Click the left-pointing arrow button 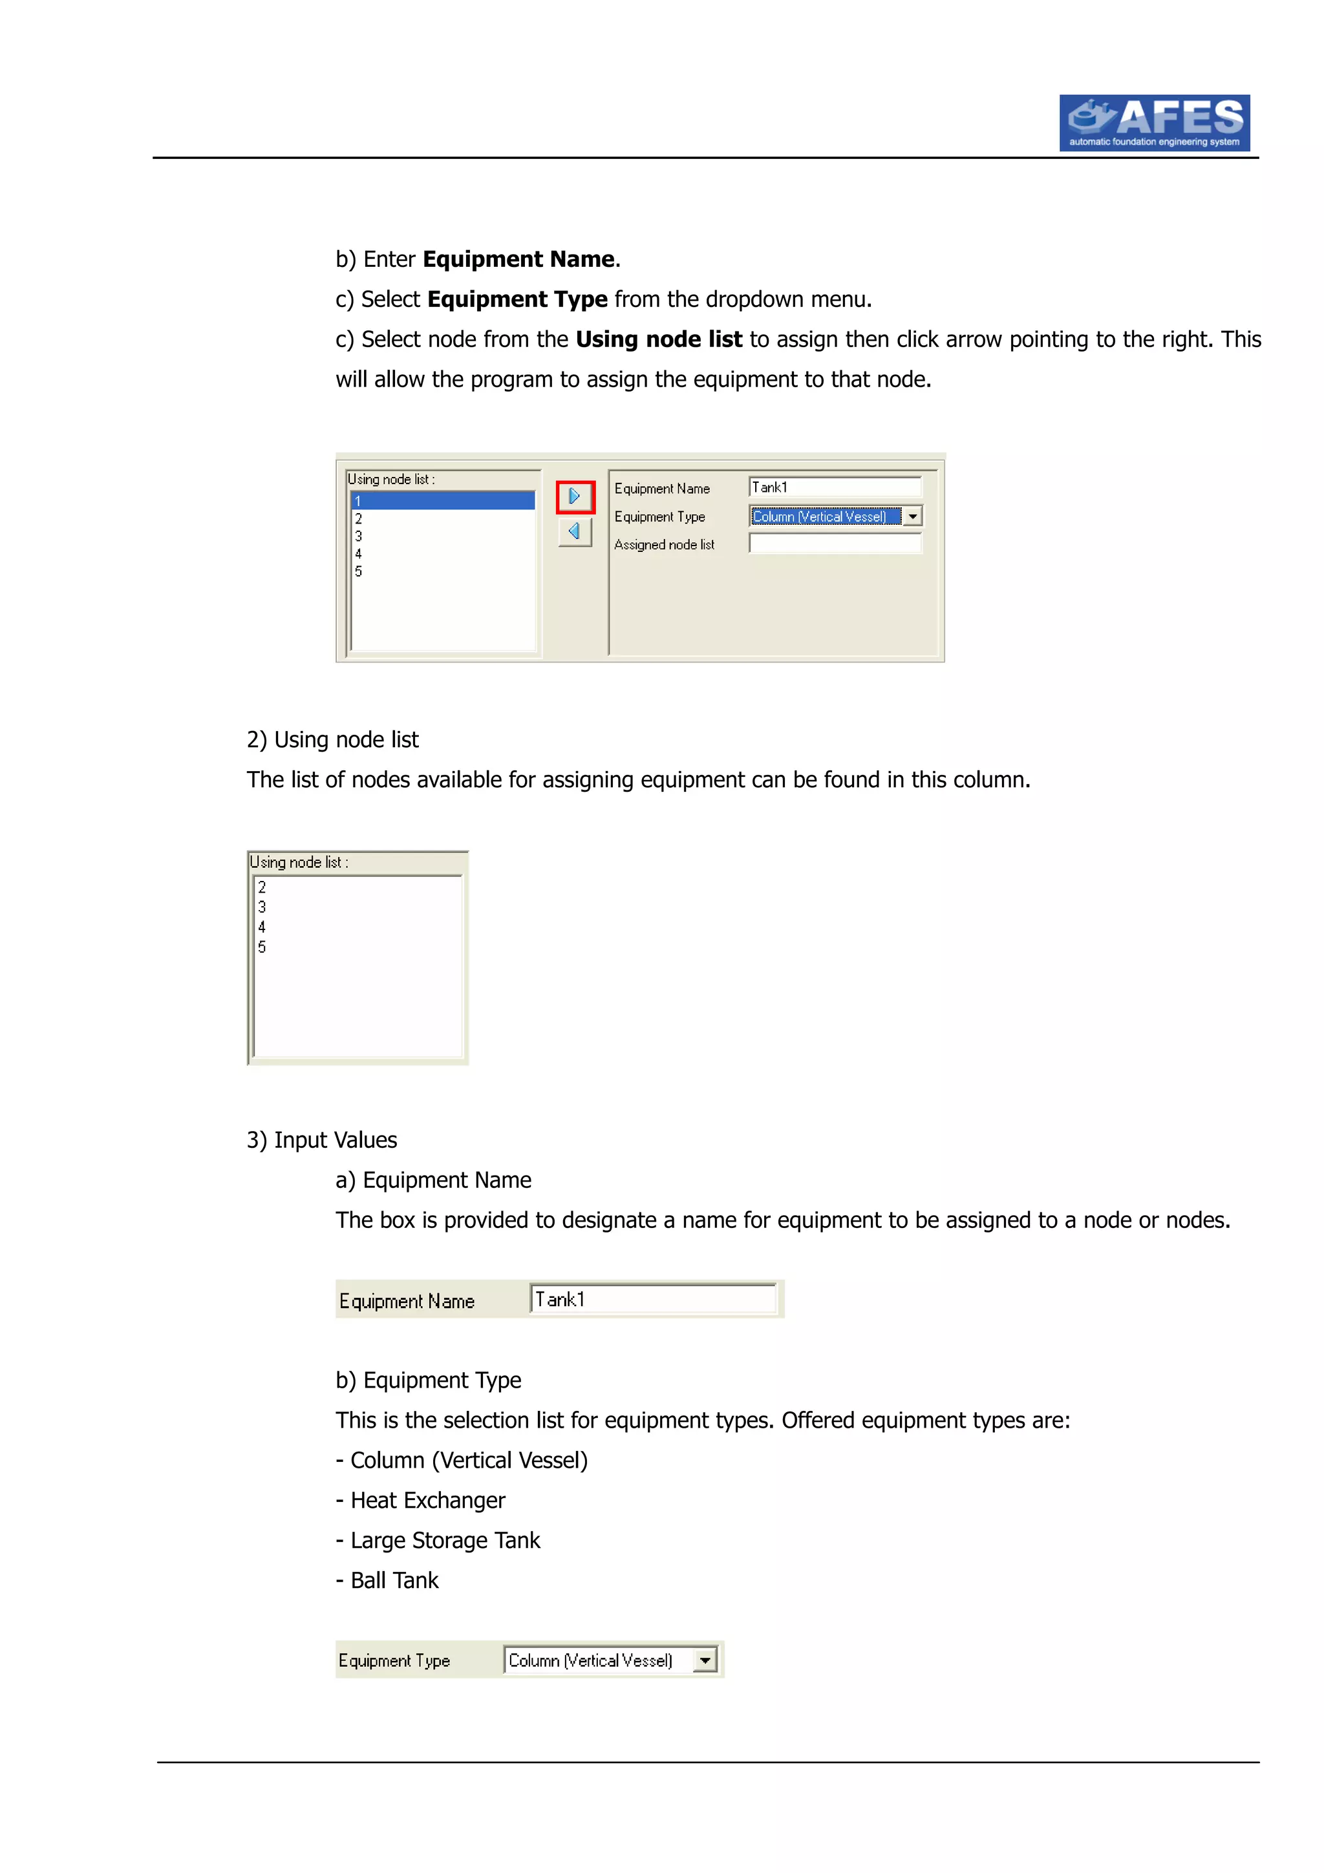click(574, 532)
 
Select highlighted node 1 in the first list click(442, 501)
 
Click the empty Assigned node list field click(835, 544)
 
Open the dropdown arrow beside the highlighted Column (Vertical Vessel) click(913, 516)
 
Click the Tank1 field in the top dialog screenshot click(835, 487)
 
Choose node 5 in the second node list click(262, 947)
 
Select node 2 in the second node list click(262, 887)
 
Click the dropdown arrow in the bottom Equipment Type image click(705, 1660)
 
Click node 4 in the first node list click(358, 554)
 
